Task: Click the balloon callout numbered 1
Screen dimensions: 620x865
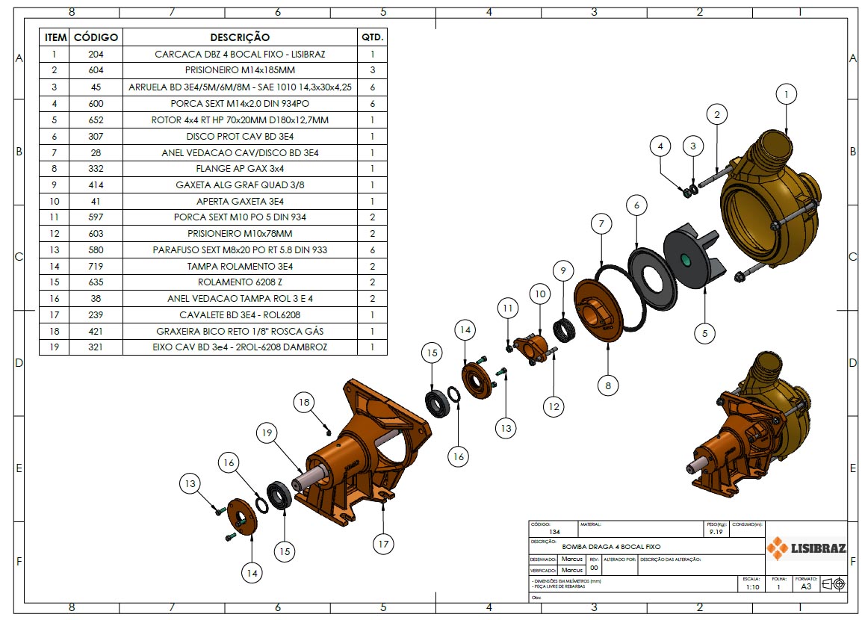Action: [786, 94]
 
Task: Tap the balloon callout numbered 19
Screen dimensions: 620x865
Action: [267, 431]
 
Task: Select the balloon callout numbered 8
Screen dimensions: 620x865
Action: [608, 385]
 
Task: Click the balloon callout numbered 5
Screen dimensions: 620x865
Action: [704, 333]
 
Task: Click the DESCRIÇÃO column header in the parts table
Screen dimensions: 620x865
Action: [240, 37]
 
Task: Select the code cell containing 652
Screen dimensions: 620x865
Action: [96, 120]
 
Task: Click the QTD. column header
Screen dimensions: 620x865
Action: [372, 37]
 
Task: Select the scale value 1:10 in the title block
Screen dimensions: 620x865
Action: [752, 587]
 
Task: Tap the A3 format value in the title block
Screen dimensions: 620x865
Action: [806, 587]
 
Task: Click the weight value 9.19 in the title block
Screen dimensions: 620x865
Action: [716, 533]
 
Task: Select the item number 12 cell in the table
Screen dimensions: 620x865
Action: [54, 234]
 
